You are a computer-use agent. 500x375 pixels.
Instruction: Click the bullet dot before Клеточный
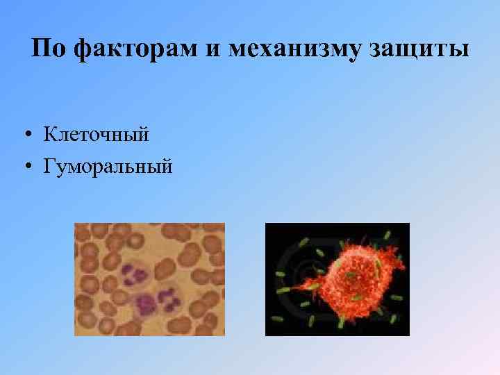point(26,134)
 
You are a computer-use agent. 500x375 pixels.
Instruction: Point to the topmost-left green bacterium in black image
point(303,242)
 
